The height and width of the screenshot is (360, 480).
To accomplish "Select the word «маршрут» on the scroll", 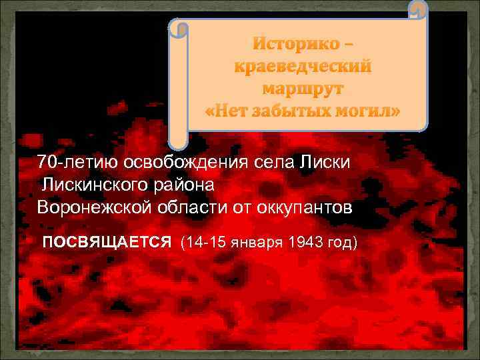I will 304,88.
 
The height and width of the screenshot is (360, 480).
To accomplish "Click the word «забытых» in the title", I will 299,110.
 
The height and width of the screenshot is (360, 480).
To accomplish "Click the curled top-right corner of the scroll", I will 417,11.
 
